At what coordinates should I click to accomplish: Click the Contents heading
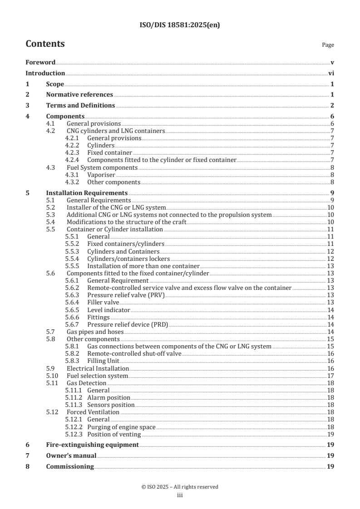click(45, 44)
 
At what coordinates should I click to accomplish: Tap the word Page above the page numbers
click(328, 45)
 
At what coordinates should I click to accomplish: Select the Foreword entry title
click(40, 62)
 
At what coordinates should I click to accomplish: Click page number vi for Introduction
click(331, 73)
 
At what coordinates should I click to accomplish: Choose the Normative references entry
click(79, 95)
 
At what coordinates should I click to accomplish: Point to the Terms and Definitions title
click(80, 106)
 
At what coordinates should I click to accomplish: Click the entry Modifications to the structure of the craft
click(127, 222)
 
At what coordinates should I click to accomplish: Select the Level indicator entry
click(108, 309)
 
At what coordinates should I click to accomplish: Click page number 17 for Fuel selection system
click(331, 376)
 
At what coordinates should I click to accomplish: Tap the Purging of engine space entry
click(121, 427)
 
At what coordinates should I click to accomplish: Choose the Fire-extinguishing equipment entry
click(92, 445)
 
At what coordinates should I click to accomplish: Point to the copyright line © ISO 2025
click(180, 487)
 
